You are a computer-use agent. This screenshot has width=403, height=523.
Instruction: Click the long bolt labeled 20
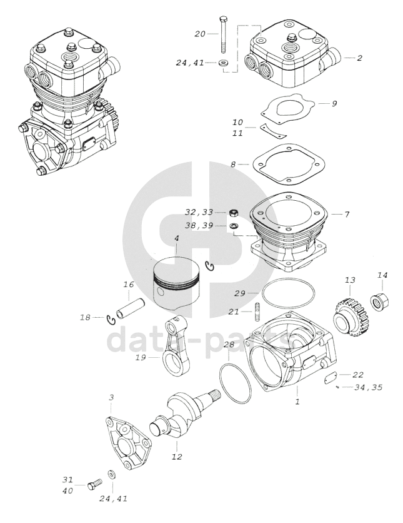tap(222, 33)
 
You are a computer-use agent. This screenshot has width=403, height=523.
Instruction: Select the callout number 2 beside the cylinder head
tap(359, 58)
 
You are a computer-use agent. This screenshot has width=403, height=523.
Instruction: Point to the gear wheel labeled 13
tap(351, 315)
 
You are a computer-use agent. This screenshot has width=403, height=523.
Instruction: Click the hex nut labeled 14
tap(381, 300)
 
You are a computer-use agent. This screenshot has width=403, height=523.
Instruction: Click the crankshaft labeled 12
tap(184, 414)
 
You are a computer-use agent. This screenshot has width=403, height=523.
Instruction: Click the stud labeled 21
tap(257, 311)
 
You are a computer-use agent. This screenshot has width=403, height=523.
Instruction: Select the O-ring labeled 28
tap(235, 383)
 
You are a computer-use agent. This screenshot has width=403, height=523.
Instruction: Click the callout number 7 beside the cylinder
tap(347, 214)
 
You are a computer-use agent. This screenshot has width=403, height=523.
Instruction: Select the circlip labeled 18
tap(111, 320)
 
